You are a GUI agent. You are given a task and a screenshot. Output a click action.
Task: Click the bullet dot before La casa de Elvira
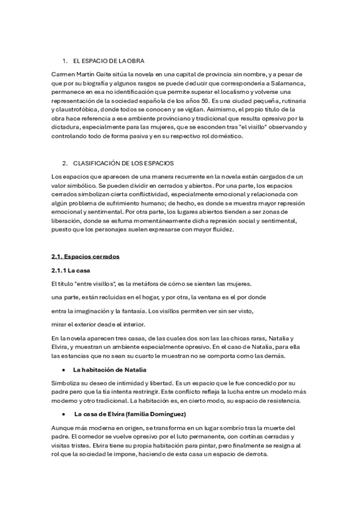click(63, 398)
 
